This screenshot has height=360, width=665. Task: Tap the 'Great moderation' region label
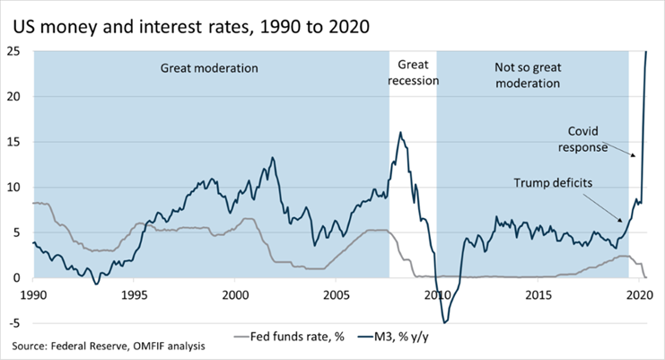209,68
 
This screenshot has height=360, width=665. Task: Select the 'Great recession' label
413,73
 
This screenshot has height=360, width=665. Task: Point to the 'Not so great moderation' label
528,75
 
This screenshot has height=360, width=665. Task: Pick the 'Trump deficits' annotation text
554,183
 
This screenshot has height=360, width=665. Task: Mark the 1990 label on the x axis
32,294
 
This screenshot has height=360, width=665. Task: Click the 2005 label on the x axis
337,294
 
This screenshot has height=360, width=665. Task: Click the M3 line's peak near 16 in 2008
400,133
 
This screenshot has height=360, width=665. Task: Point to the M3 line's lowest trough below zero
443,321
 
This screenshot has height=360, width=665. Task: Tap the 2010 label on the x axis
438,294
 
